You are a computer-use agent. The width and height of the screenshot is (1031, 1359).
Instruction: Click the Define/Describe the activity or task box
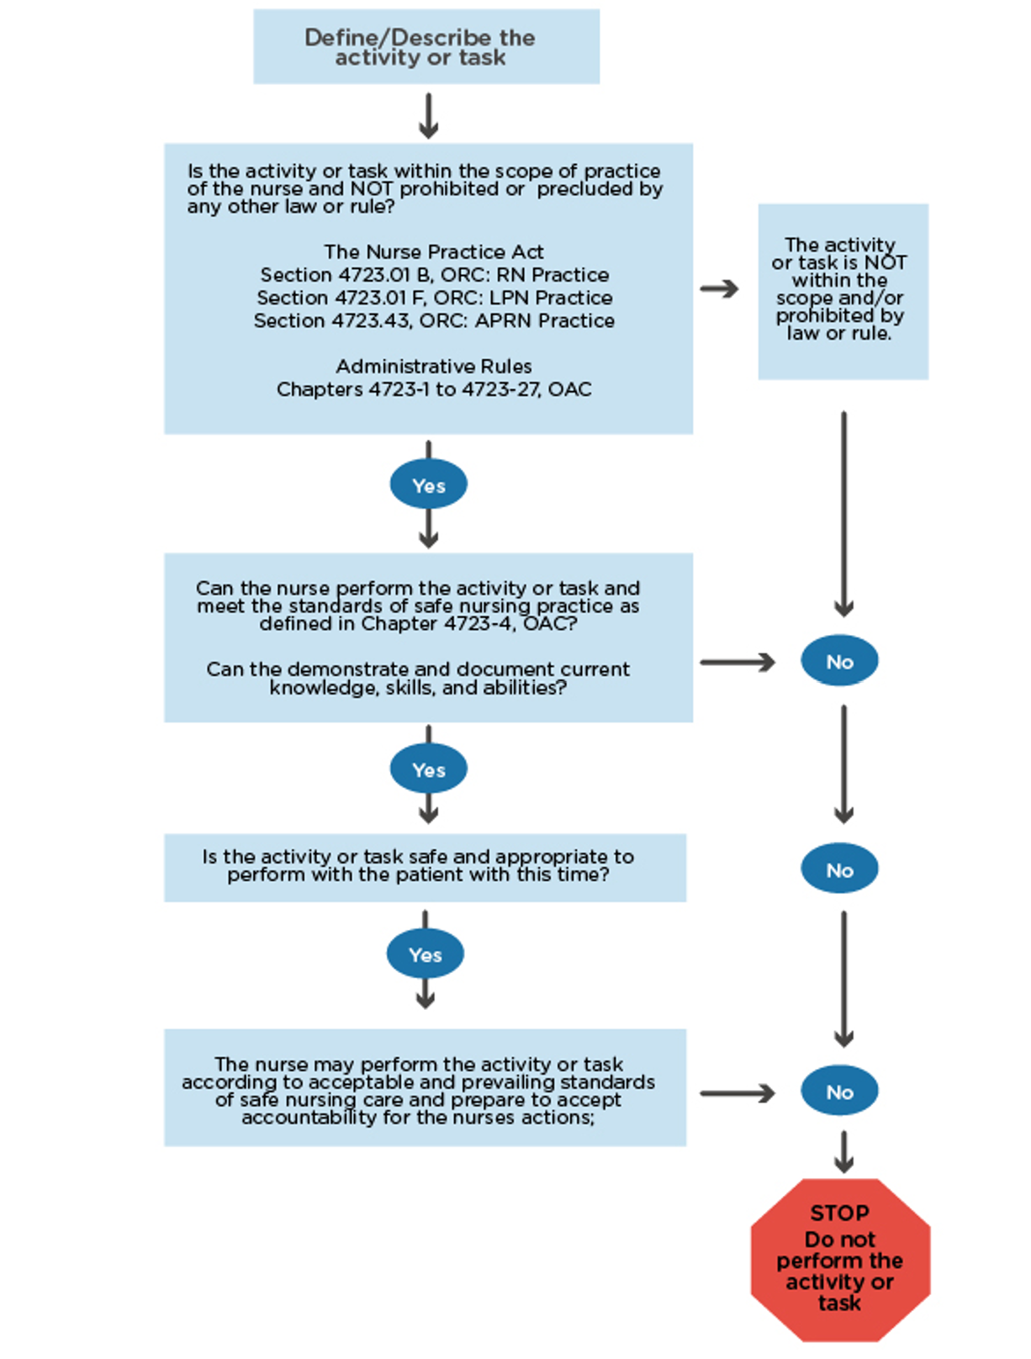pyautogui.click(x=426, y=47)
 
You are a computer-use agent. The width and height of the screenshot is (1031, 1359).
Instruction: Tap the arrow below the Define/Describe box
pyautogui.click(x=428, y=116)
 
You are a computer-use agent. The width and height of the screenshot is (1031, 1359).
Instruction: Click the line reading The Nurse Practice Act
pyautogui.click(x=433, y=251)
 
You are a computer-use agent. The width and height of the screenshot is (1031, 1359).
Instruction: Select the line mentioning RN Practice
pyautogui.click(x=434, y=275)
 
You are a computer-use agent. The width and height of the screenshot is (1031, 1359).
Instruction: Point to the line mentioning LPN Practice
pyautogui.click(x=434, y=298)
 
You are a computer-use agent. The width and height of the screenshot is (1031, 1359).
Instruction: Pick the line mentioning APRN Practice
pyautogui.click(x=434, y=320)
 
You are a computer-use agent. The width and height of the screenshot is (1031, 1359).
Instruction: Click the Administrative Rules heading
pyautogui.click(x=434, y=367)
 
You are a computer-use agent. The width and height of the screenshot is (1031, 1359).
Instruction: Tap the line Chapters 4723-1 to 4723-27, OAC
pyautogui.click(x=434, y=389)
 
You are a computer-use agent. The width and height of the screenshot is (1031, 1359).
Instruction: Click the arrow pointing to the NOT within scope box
pyautogui.click(x=719, y=289)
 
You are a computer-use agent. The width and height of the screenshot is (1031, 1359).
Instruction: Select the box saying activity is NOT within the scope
pyautogui.click(x=843, y=291)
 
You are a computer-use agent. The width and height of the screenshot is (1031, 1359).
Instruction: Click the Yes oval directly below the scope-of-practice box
pyautogui.click(x=428, y=485)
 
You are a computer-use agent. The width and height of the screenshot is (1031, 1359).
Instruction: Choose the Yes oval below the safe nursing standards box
pyautogui.click(x=428, y=769)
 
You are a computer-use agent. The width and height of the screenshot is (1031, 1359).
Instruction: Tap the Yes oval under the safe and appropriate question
pyautogui.click(x=425, y=954)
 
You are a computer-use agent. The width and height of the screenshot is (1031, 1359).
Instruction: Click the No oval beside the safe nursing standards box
pyautogui.click(x=839, y=662)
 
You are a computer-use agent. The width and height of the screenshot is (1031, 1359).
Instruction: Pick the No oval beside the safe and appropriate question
pyautogui.click(x=839, y=870)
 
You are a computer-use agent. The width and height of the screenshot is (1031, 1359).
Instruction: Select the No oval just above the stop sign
pyautogui.click(x=839, y=1092)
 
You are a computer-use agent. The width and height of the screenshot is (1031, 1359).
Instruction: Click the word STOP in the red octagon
pyautogui.click(x=839, y=1213)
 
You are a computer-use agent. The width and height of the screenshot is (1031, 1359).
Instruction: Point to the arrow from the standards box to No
pyautogui.click(x=738, y=663)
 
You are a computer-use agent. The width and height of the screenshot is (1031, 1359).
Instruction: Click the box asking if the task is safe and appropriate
pyautogui.click(x=425, y=867)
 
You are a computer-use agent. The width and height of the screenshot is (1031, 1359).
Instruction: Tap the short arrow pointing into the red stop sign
pyautogui.click(x=843, y=1153)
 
